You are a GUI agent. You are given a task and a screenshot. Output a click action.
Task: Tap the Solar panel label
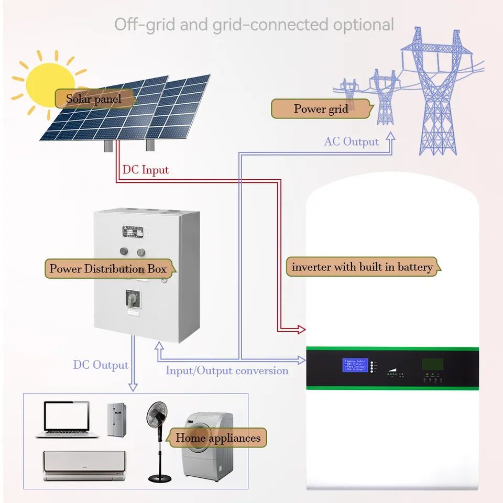click(93, 99)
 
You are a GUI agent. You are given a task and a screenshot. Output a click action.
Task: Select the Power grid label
click(321, 109)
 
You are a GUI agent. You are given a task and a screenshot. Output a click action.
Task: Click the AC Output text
click(351, 141)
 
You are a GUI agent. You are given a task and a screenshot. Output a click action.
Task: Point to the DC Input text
click(146, 170)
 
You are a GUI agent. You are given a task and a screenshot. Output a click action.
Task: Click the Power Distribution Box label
click(108, 269)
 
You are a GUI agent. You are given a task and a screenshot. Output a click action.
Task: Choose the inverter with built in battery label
click(362, 267)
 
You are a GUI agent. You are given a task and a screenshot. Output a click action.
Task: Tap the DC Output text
click(101, 365)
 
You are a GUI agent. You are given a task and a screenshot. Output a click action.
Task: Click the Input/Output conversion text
click(227, 371)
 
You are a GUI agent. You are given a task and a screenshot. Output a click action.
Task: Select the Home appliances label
click(217, 438)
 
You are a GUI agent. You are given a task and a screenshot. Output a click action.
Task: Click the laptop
click(67, 419)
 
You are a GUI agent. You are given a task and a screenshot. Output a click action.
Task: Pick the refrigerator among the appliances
click(116, 420)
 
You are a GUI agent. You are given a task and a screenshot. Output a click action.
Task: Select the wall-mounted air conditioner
click(84, 465)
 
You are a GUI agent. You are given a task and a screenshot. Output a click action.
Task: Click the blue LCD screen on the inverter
click(355, 365)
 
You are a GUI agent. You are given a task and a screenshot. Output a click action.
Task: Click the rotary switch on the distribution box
click(131, 299)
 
